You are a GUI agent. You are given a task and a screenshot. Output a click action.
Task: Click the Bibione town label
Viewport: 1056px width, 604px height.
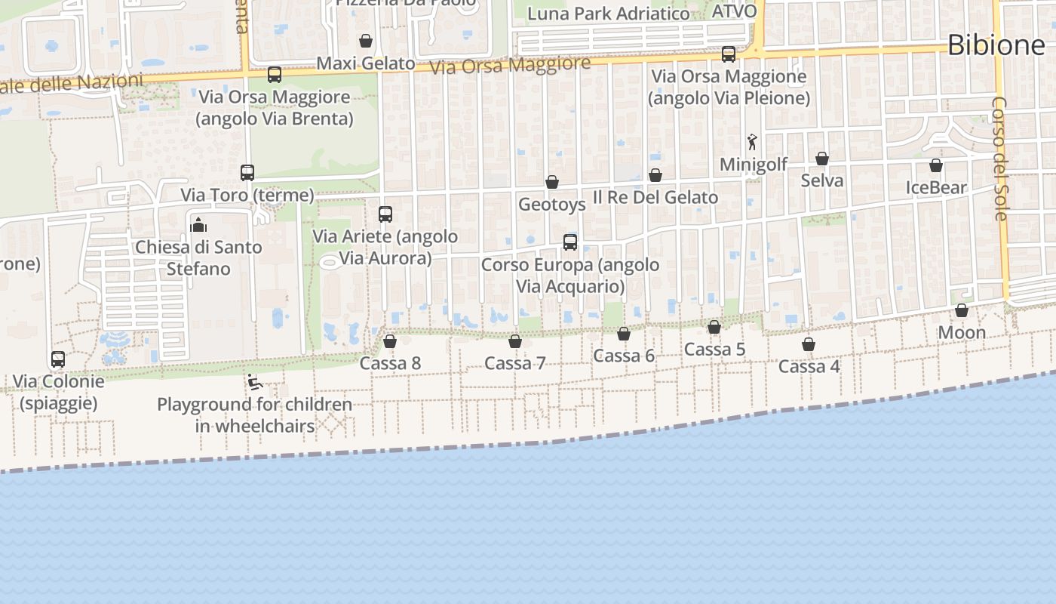coord(996,45)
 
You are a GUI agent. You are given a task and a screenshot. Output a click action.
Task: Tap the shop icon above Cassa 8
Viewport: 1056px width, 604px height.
coord(390,341)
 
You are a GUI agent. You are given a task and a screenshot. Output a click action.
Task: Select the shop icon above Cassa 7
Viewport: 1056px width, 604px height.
coord(515,341)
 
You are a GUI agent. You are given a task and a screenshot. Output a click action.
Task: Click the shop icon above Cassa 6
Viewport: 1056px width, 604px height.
coord(624,334)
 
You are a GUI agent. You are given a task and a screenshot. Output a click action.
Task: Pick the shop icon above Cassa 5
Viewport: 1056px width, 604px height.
coord(714,327)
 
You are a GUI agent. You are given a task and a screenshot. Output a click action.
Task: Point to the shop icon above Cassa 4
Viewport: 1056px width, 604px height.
coord(809,344)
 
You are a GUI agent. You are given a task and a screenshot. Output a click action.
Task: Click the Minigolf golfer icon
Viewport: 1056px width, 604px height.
coord(752,142)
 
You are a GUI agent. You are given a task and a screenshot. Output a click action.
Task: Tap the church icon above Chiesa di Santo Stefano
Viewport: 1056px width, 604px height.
coord(198,225)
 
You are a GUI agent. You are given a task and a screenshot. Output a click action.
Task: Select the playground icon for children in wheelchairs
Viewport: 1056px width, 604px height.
coord(255,382)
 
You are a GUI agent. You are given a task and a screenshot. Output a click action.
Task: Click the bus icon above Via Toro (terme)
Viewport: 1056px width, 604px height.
coord(247,173)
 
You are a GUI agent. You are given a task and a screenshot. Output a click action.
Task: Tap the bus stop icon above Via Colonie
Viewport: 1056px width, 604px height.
coord(58,359)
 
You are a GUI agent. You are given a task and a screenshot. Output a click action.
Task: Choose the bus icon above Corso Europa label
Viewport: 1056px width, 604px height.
coord(570,242)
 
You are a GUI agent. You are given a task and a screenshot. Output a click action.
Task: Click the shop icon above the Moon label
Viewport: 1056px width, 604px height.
coord(962,310)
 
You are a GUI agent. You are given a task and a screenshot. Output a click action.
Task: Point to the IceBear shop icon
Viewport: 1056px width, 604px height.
coord(936,165)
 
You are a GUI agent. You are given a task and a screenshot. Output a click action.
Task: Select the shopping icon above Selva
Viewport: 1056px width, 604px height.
coord(822,159)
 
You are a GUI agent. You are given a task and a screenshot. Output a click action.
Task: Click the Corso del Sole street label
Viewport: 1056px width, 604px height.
coord(1000,159)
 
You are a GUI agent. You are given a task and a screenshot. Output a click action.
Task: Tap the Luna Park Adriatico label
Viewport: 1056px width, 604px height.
coord(608,14)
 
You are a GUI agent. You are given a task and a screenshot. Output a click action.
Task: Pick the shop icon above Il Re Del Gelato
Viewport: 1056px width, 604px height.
coord(655,175)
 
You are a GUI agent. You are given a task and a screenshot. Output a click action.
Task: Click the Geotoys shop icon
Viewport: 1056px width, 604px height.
coord(552,182)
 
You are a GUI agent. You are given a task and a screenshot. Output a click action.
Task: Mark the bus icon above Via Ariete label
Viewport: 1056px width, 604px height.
coord(385,214)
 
